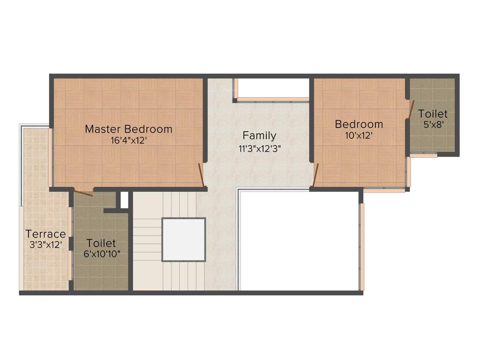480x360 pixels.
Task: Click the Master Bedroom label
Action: click(128, 129)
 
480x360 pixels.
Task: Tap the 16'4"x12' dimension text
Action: click(128, 140)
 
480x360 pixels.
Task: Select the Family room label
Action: click(259, 136)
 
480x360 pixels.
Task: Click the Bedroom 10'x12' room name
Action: click(359, 124)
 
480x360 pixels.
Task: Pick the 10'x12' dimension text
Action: click(359, 135)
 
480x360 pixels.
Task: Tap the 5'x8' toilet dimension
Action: click(433, 125)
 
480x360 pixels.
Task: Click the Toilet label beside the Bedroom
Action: click(433, 113)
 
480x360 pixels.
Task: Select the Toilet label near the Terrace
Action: click(101, 243)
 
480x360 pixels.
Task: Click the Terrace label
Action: click(45, 233)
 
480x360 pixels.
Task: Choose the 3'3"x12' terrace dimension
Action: click(45, 244)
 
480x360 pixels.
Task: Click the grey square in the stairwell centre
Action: click(183, 240)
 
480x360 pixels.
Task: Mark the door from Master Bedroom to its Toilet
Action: click(83, 192)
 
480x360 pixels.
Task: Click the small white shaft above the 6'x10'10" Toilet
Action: click(124, 199)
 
